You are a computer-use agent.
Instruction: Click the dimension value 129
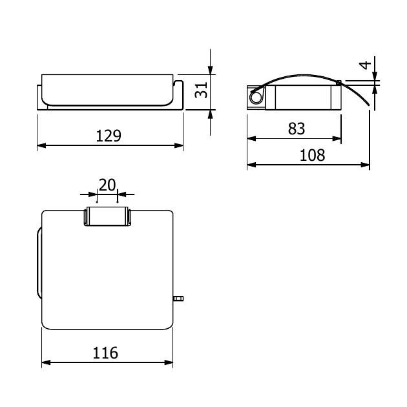pyautogui.click(x=109, y=136)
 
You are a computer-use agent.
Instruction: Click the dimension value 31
pyautogui.click(x=201, y=90)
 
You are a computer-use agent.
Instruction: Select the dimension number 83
pyautogui.click(x=297, y=129)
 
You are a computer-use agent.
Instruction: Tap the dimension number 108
pyautogui.click(x=312, y=155)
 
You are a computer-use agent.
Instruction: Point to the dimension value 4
pyautogui.click(x=366, y=65)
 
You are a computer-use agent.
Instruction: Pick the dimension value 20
pyautogui.click(x=107, y=185)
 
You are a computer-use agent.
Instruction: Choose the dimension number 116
pyautogui.click(x=105, y=353)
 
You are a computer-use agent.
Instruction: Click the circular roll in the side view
pyautogui.click(x=256, y=98)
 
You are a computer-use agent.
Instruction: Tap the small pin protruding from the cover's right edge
pyautogui.click(x=178, y=298)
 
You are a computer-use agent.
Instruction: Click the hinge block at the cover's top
pyautogui.click(x=107, y=216)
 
